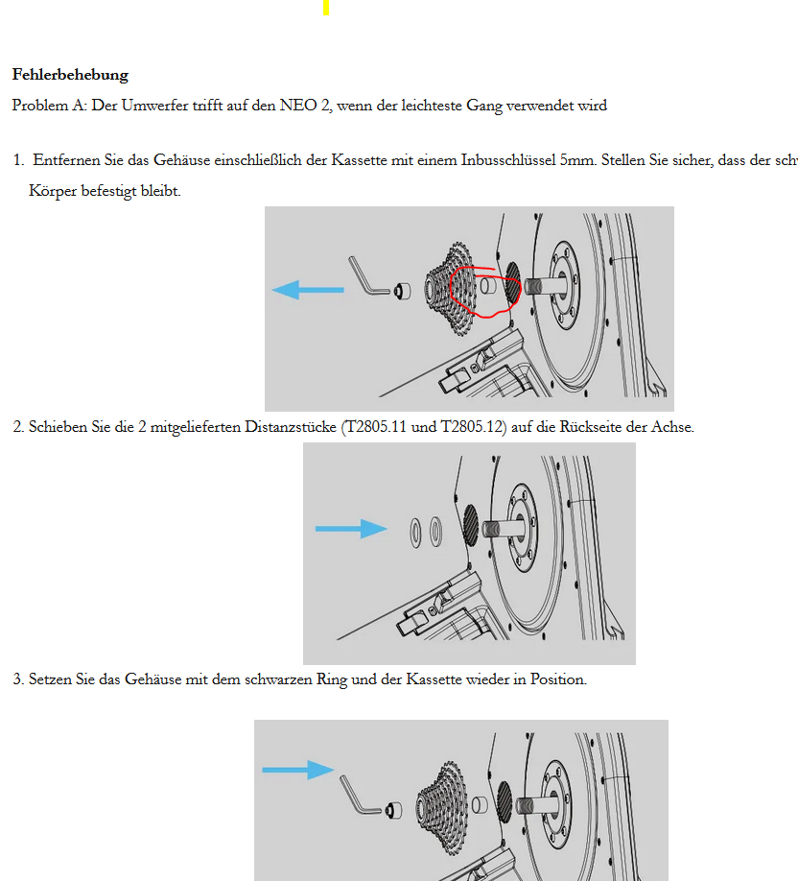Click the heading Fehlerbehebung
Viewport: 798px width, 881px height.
(70, 75)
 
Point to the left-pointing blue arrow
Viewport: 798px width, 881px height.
(307, 289)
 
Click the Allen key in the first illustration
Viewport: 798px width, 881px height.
(366, 275)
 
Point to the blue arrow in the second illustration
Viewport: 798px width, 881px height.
(351, 528)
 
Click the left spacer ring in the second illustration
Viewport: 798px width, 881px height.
(416, 530)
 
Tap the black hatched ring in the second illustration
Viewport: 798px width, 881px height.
(472, 526)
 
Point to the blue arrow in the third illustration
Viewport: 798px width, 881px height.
(297, 769)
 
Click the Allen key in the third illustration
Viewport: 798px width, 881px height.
(358, 795)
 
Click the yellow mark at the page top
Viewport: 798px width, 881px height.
(326, 7)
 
